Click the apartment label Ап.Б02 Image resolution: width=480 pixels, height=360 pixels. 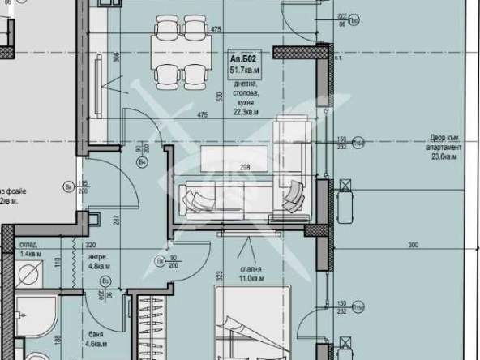click(x=244, y=59)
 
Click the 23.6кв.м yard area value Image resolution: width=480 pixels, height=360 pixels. click(x=445, y=159)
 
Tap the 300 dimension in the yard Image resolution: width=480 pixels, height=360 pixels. click(x=414, y=244)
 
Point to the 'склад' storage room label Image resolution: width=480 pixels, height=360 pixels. click(x=28, y=243)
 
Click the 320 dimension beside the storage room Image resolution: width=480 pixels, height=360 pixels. click(x=91, y=243)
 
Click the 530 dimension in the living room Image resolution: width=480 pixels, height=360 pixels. click(x=218, y=96)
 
